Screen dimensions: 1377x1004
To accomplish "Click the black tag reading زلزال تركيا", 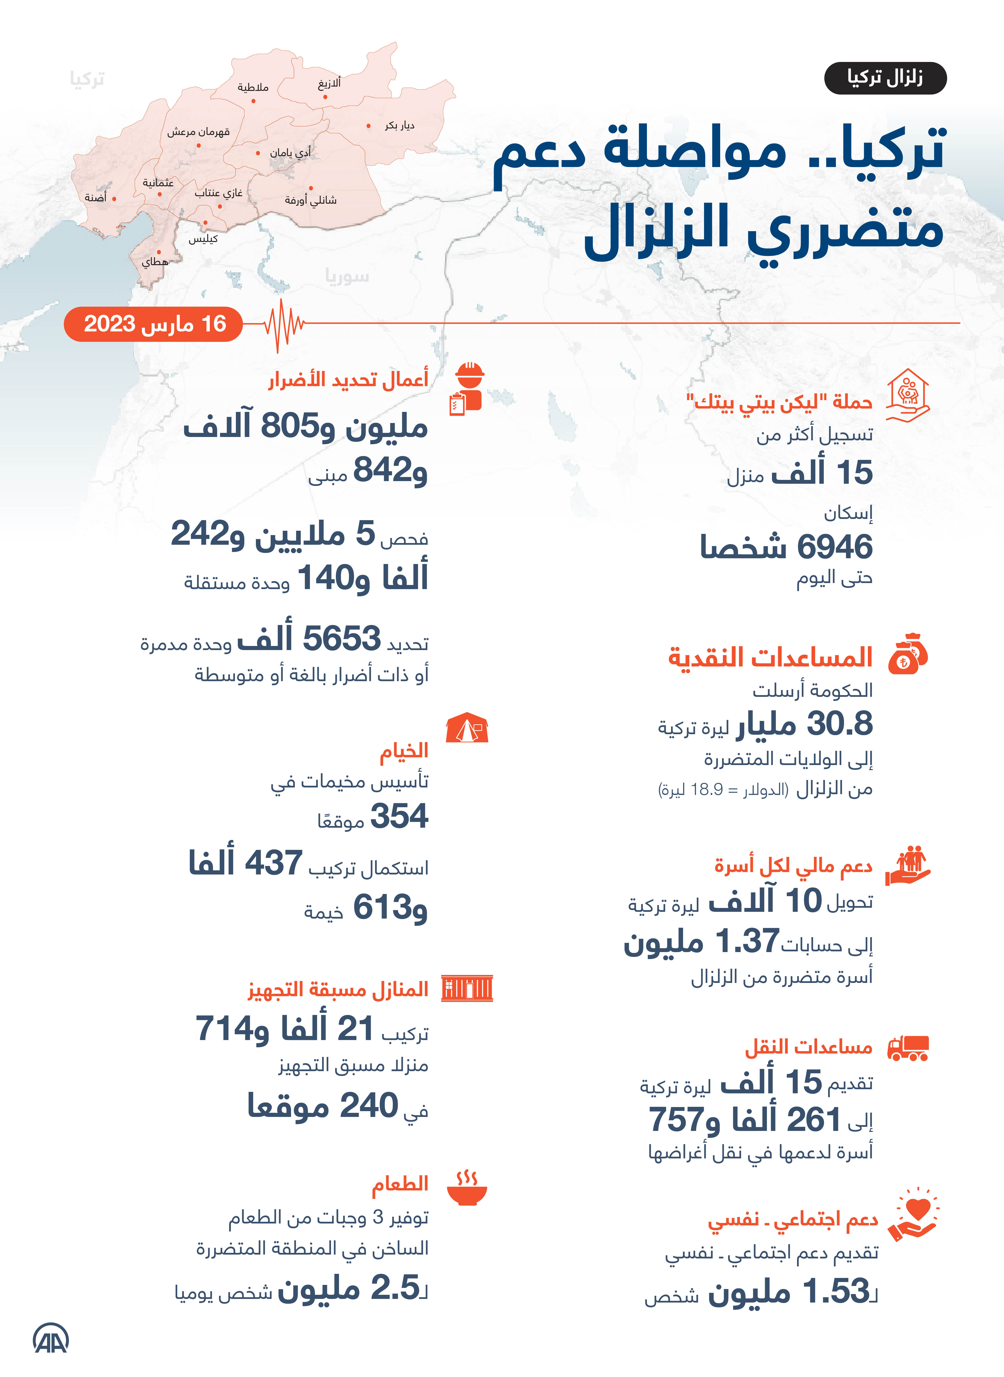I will click(885, 78).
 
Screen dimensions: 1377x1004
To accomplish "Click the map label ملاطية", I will click(253, 87).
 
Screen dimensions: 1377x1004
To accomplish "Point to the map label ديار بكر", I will click(399, 126).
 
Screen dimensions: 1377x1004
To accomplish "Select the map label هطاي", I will click(154, 262).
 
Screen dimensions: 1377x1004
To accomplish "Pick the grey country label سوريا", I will click(346, 277).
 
